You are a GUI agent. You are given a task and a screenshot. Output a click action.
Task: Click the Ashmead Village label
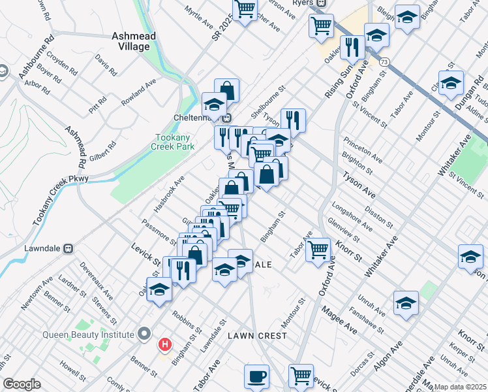[x=134, y=42]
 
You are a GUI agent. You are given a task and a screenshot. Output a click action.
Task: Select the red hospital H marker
[x=166, y=344]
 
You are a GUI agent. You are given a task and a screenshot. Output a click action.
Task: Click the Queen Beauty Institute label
[x=87, y=335]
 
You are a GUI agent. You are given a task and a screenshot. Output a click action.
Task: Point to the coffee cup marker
[x=257, y=377]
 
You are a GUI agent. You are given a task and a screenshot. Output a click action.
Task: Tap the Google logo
[x=22, y=384]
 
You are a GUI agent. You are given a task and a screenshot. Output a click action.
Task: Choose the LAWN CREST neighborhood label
[x=257, y=336]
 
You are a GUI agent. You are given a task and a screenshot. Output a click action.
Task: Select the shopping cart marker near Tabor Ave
[x=318, y=250]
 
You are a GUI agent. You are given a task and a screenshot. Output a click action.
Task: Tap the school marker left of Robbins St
[x=159, y=290]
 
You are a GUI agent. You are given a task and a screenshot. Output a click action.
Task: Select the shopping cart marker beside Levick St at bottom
[x=301, y=376]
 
